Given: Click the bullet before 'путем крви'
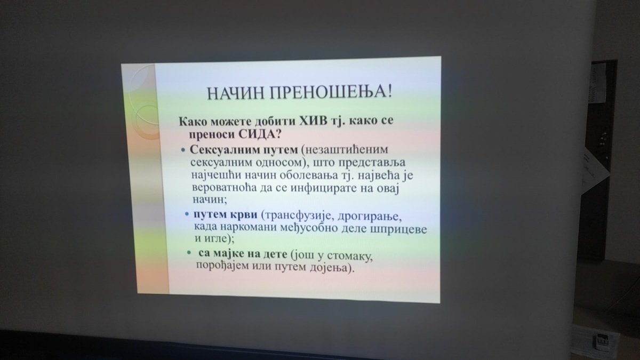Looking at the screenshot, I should tap(187, 214).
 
